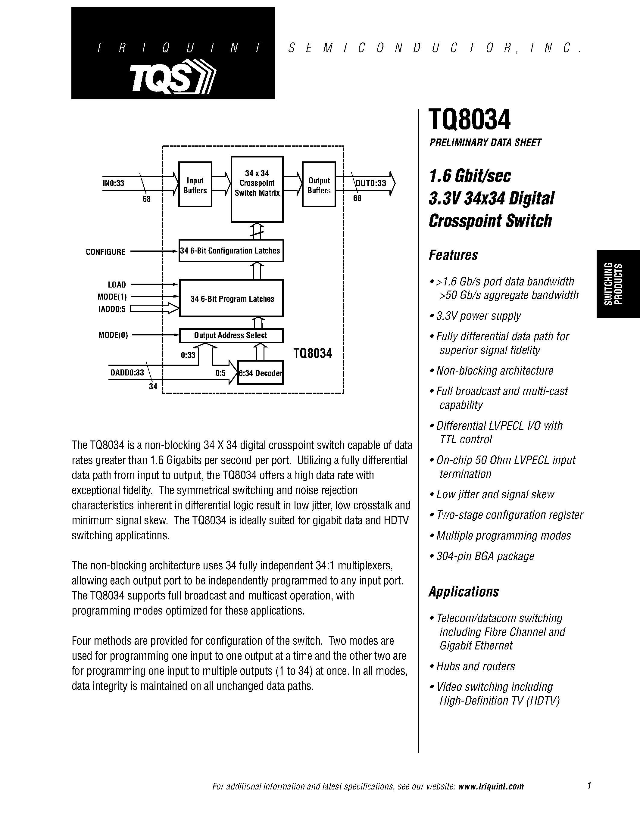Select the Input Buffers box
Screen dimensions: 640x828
pos(195,185)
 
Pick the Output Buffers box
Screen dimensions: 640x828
pos(319,185)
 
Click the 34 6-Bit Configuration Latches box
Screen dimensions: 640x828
pos(231,251)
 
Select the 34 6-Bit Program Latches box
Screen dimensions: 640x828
pos(231,298)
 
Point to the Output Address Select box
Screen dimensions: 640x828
pos(231,335)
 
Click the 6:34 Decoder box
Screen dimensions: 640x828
pos(261,373)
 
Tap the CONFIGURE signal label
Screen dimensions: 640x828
pos(105,252)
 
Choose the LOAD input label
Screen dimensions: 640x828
pos(117,284)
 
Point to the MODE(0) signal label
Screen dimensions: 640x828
pos(113,335)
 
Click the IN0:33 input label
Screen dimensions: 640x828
pos(113,183)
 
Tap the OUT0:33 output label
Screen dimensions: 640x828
pos(370,183)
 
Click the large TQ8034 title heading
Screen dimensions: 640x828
pos(470,120)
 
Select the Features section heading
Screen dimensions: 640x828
pos(453,255)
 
